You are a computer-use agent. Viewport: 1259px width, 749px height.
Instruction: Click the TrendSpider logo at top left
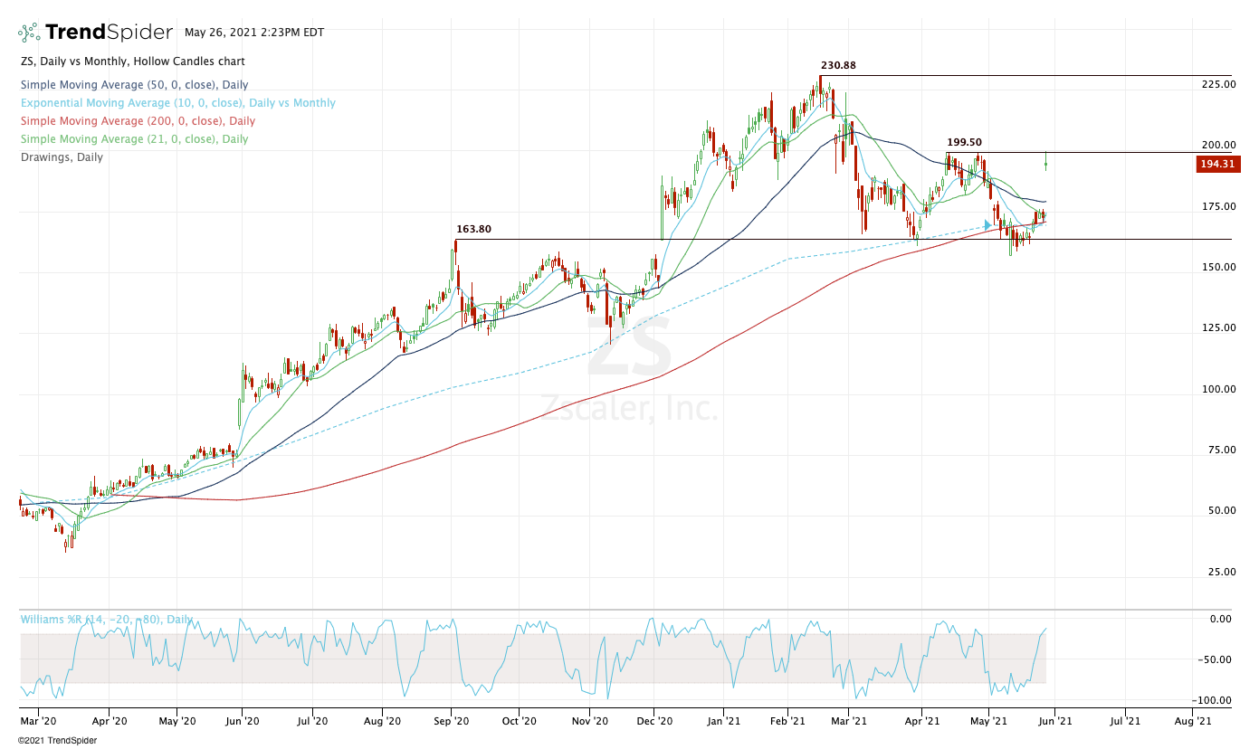tap(95, 33)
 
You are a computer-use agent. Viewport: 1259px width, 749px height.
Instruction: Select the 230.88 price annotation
tap(838, 65)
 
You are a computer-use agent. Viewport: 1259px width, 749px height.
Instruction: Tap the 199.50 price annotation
tap(964, 142)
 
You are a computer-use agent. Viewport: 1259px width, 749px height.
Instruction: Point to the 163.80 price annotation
tap(473, 230)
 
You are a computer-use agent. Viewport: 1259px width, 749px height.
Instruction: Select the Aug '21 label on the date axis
tap(1192, 722)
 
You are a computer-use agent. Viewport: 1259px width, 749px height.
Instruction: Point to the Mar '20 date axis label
tap(39, 722)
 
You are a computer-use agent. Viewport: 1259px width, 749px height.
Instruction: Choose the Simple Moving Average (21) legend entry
tap(133, 139)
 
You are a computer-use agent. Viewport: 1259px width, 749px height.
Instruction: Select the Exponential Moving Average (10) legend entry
tap(177, 103)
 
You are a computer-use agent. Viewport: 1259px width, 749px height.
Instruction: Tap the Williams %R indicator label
tap(107, 620)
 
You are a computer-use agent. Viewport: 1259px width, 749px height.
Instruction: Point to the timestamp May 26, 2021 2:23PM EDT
tap(254, 33)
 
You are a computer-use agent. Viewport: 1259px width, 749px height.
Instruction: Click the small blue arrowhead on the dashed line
tap(987, 224)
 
